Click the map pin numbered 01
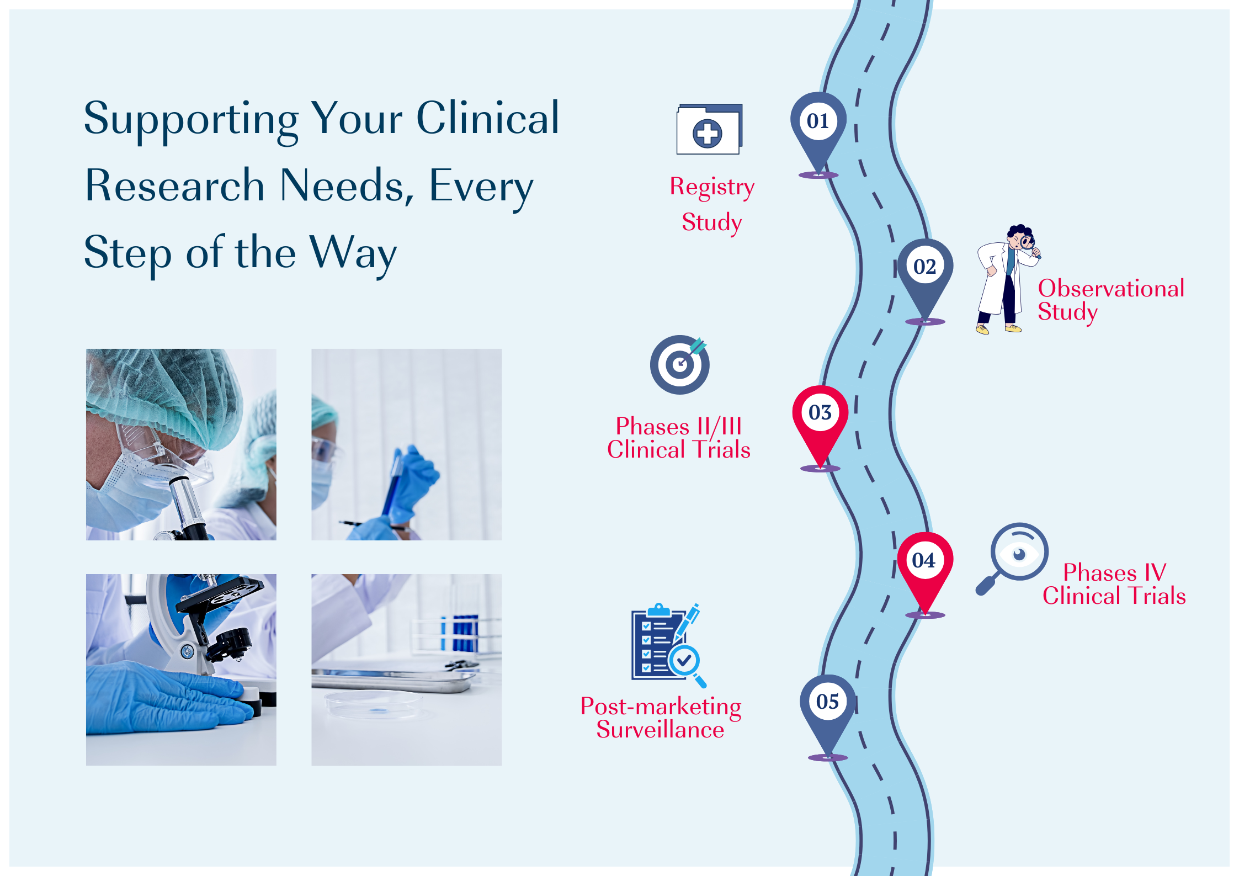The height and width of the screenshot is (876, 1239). (x=818, y=130)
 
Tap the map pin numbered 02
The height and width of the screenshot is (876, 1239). (x=925, y=276)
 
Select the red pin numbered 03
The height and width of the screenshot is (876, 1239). (x=820, y=422)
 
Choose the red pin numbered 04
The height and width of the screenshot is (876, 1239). (x=925, y=570)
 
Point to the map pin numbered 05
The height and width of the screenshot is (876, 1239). (x=828, y=712)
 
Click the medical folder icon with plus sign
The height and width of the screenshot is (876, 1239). (x=710, y=129)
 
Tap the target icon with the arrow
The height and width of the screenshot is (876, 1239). (x=679, y=364)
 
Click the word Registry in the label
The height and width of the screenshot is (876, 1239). (x=712, y=188)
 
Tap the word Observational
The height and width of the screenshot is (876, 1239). (x=1111, y=288)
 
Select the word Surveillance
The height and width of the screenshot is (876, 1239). (x=660, y=730)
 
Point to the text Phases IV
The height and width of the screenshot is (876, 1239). (x=1115, y=572)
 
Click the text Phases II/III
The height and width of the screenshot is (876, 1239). (x=679, y=426)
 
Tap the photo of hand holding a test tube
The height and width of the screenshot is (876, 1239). (x=407, y=444)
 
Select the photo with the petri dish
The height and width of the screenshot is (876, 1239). (x=407, y=670)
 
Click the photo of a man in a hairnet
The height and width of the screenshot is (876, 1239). (x=181, y=444)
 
